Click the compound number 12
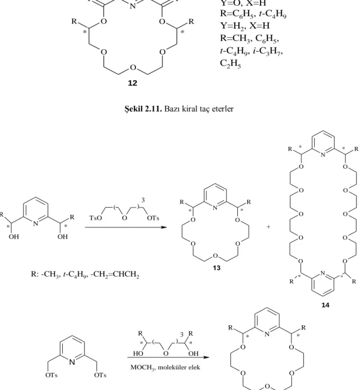click(x=133, y=83)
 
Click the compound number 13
click(x=217, y=268)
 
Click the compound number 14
click(x=326, y=305)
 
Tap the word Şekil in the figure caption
click(x=134, y=109)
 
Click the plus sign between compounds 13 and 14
click(x=268, y=227)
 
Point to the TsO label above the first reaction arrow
click(x=96, y=218)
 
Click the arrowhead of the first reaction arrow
click(x=163, y=227)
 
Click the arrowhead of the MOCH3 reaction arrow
click(x=206, y=357)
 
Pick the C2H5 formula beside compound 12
click(x=230, y=63)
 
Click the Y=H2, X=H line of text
click(x=245, y=26)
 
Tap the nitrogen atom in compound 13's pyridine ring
click(x=215, y=208)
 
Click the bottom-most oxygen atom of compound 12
click(x=133, y=67)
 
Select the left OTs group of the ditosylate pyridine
click(x=51, y=375)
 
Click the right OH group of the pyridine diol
click(x=62, y=237)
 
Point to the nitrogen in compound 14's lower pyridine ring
click(x=323, y=273)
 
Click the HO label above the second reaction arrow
click(x=138, y=353)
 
